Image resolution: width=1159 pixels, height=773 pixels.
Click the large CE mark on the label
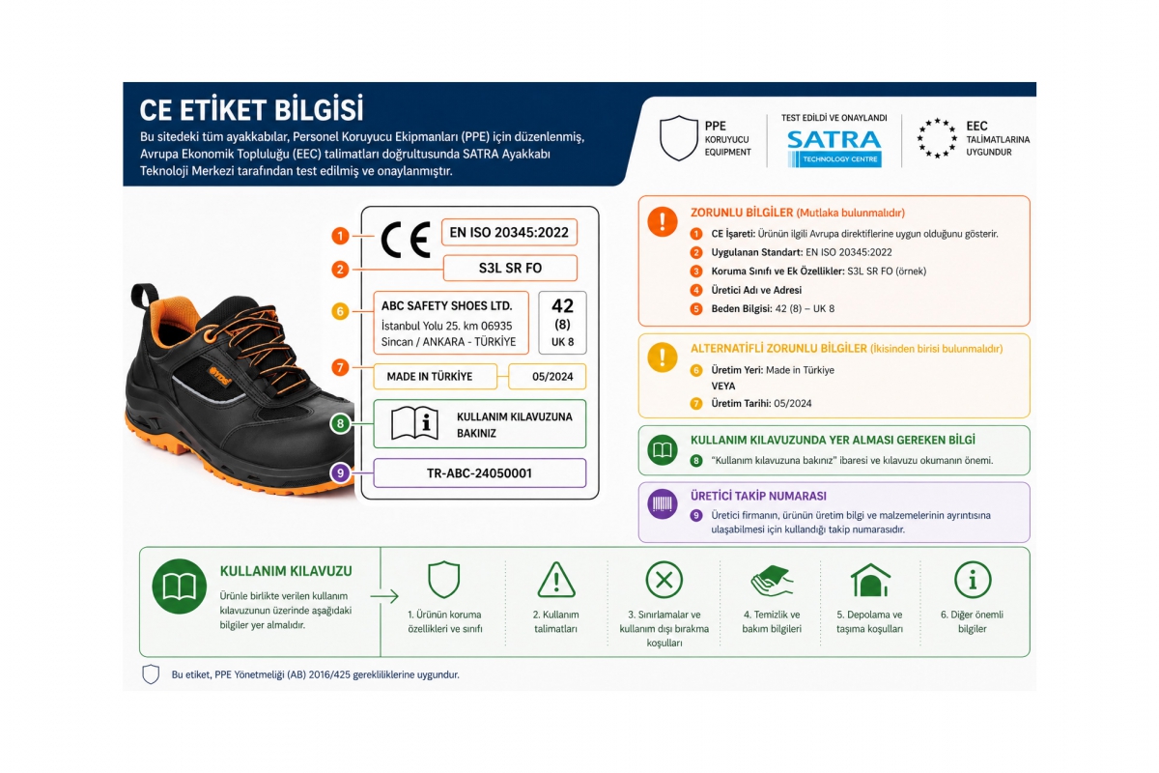click(x=406, y=240)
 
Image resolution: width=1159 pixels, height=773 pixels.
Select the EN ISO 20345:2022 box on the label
click(x=509, y=233)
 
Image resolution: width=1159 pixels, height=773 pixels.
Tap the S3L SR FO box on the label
click(x=510, y=269)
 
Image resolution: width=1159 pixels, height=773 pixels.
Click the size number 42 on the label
click(x=562, y=306)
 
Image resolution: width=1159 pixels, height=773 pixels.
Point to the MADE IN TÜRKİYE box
click(x=436, y=377)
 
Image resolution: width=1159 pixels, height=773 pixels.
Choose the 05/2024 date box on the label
click(x=548, y=377)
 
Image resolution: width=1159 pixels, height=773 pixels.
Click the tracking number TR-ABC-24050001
click(x=480, y=473)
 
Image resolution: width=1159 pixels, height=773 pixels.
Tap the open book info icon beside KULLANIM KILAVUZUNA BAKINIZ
click(x=414, y=423)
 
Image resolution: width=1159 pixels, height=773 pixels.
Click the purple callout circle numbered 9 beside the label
click(x=340, y=472)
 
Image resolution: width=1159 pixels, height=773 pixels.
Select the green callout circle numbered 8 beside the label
click(x=340, y=423)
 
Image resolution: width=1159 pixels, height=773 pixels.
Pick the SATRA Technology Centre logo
click(x=834, y=149)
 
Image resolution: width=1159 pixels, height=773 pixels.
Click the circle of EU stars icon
click(x=937, y=138)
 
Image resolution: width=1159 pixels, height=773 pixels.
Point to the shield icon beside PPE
click(x=679, y=138)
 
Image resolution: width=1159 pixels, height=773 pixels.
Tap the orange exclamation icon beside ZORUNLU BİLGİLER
click(x=663, y=221)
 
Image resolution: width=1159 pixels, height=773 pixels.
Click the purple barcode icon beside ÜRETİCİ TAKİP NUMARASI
click(x=663, y=503)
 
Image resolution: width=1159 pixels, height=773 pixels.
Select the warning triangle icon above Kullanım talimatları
click(x=556, y=581)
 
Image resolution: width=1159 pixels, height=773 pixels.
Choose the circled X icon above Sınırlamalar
click(x=664, y=580)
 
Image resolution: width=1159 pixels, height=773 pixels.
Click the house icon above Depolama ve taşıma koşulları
click(x=870, y=580)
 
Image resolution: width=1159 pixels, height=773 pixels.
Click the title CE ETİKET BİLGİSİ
click(x=251, y=110)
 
